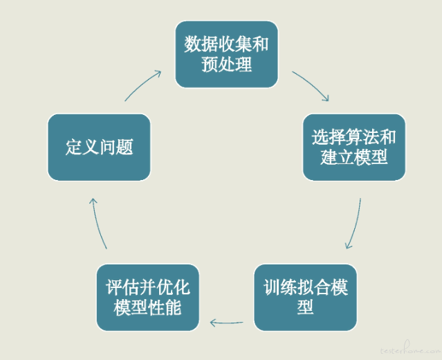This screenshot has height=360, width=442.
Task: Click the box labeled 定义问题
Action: tap(99, 147)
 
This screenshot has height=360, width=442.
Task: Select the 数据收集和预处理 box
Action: tap(227, 54)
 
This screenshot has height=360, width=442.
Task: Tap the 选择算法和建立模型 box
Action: tap(354, 147)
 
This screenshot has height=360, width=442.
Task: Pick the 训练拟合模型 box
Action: tap(306, 298)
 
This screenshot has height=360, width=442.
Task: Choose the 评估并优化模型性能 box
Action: tap(148, 298)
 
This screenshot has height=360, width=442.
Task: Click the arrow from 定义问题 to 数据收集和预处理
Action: tap(142, 84)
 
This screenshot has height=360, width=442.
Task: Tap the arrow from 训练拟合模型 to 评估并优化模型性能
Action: tap(226, 323)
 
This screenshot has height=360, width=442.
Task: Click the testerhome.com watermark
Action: tap(410, 349)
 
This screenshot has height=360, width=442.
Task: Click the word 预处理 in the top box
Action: tap(227, 64)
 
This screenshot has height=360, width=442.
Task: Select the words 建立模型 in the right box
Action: tap(354, 157)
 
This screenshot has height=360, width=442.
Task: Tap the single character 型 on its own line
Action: tap(305, 307)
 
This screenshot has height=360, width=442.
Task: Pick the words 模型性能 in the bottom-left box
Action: tap(147, 307)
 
